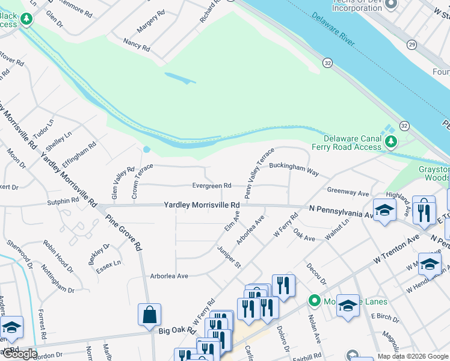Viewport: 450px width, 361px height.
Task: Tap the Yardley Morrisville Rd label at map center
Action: click(x=202, y=205)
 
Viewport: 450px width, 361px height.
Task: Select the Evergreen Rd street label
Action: click(x=212, y=186)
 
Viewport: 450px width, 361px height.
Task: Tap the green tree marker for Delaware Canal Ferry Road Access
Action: click(x=392, y=142)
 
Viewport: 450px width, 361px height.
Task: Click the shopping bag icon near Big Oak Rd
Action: click(x=149, y=313)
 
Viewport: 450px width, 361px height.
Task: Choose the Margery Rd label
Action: click(x=151, y=22)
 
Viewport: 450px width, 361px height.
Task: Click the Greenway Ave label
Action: click(x=348, y=191)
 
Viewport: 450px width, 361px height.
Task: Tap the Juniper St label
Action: click(x=229, y=256)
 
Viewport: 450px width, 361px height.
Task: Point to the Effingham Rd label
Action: click(x=83, y=154)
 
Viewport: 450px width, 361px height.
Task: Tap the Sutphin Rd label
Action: click(x=63, y=202)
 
